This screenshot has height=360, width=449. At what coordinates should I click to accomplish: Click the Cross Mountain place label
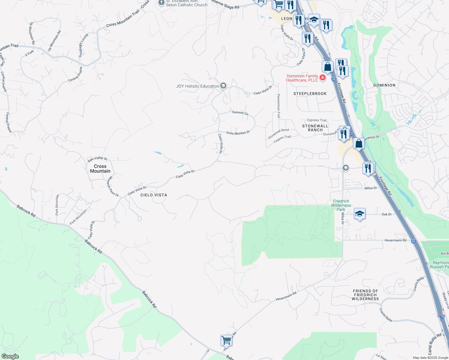(x=100, y=169)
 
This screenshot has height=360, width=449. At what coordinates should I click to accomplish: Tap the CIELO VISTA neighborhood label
(x=154, y=195)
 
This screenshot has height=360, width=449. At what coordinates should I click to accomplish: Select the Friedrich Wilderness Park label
(x=341, y=205)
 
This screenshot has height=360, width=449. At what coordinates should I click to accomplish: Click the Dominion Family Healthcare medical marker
(x=323, y=78)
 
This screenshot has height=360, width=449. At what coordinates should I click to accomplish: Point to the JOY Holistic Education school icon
(x=223, y=86)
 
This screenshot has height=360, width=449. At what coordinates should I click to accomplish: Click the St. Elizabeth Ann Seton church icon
(x=161, y=2)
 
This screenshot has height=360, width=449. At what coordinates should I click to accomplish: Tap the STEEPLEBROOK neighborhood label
(x=310, y=94)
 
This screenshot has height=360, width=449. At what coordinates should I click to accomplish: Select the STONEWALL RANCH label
(x=315, y=128)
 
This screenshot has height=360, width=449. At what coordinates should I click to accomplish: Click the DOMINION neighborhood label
(x=384, y=85)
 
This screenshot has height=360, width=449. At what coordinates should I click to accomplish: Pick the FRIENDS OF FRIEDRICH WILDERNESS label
(x=365, y=295)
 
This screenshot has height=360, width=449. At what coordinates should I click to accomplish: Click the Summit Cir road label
(x=240, y=113)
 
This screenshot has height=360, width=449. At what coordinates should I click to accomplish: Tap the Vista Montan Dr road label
(x=238, y=133)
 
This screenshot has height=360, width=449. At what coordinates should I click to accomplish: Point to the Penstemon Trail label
(x=279, y=106)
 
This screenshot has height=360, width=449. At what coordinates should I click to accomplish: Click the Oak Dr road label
(x=387, y=214)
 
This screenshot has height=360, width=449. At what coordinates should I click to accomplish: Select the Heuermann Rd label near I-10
(x=396, y=240)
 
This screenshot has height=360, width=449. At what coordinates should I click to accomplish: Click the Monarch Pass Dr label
(x=113, y=187)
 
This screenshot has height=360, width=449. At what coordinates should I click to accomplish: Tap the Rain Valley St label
(x=97, y=159)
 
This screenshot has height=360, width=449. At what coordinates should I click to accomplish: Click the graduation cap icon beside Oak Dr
(x=360, y=214)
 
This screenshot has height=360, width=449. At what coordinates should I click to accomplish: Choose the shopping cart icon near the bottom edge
(x=226, y=340)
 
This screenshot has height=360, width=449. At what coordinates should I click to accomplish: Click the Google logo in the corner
(x=10, y=356)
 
